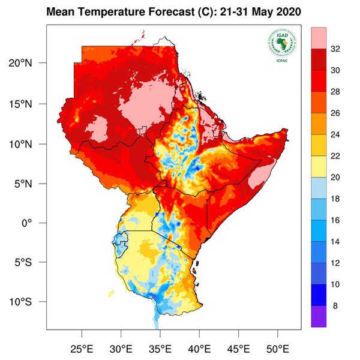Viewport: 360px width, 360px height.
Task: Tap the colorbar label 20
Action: (337, 178)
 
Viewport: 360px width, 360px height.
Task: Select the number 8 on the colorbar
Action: (335, 305)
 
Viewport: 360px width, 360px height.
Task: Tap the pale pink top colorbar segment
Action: (319, 38)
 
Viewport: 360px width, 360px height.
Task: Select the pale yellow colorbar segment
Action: (319, 167)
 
